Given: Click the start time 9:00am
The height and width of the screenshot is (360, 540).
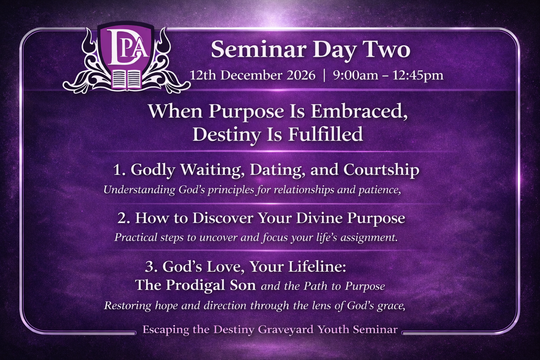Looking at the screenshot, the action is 355,75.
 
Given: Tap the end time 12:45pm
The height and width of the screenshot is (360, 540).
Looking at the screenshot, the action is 418,76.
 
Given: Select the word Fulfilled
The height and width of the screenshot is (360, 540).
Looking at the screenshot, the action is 326,135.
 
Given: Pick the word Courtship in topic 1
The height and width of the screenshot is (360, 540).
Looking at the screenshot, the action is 381,170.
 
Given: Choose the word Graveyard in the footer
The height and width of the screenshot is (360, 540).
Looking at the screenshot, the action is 286,330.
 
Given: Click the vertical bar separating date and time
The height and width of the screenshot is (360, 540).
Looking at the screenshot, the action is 324,76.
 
